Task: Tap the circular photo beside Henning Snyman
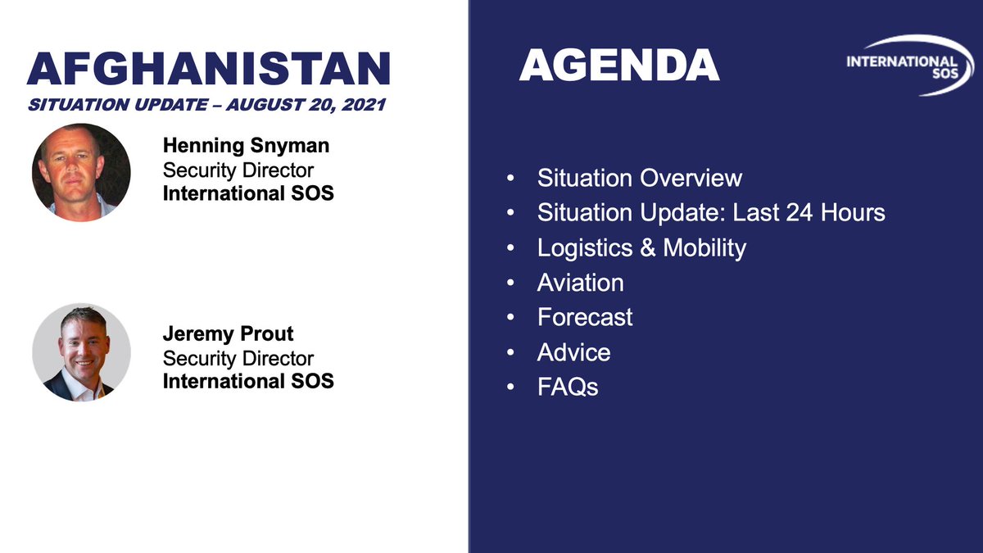(81, 172)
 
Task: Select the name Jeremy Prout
(228, 335)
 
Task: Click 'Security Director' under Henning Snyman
(238, 170)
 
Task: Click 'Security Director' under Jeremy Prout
(238, 358)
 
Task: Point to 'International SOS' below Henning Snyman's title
(248, 194)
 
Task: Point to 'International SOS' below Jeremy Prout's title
(248, 381)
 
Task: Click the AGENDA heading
(619, 66)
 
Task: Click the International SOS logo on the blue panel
(906, 66)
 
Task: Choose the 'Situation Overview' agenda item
(639, 178)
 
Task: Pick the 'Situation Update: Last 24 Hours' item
(711, 213)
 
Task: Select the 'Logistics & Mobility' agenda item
(641, 247)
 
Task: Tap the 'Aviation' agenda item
(580, 283)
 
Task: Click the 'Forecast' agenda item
(585, 317)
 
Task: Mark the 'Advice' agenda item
(573, 352)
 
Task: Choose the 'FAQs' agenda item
(568, 387)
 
